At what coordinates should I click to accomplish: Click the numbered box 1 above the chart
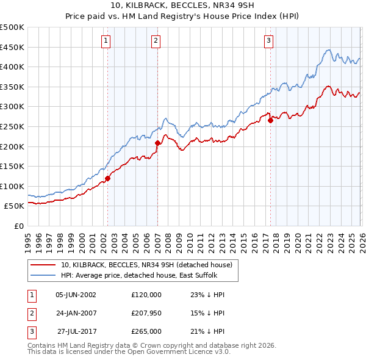[106, 41]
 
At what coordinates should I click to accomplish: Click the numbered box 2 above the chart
[156, 41]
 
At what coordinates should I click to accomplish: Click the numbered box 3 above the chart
[269, 41]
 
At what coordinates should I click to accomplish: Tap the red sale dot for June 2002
[108, 179]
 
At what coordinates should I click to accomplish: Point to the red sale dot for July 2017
[270, 121]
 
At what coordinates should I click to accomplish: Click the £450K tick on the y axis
[12, 47]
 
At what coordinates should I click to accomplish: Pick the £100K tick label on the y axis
[12, 186]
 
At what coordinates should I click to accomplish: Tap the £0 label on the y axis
[18, 226]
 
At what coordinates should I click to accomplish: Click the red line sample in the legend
[43, 265]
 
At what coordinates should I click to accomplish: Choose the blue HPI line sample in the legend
[43, 275]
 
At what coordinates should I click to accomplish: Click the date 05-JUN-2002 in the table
[76, 295]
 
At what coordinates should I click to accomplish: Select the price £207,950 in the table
[146, 313]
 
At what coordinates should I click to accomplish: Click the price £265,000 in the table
[146, 331]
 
